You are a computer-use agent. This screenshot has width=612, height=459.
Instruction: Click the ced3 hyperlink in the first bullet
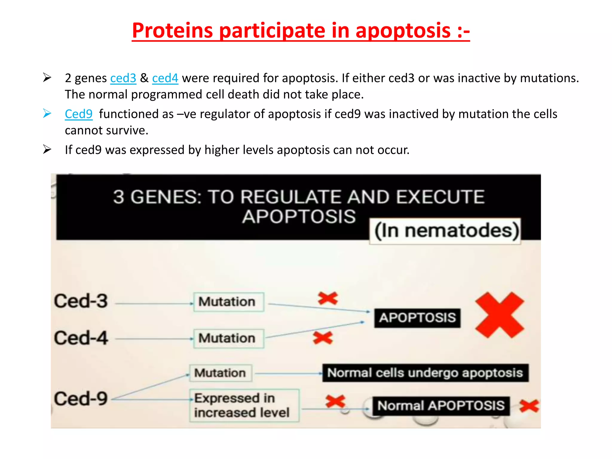pyautogui.click(x=123, y=78)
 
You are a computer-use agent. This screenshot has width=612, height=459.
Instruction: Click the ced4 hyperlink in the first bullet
pyautogui.click(x=165, y=78)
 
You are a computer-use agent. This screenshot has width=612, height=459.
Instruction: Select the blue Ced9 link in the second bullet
pyautogui.click(x=79, y=114)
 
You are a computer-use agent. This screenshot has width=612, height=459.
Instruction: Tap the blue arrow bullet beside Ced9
pyautogui.click(x=47, y=114)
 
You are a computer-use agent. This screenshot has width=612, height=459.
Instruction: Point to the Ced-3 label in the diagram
pyautogui.click(x=81, y=301)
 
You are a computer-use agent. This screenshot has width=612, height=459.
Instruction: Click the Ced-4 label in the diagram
pyautogui.click(x=81, y=338)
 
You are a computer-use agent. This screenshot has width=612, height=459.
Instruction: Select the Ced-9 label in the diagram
pyautogui.click(x=81, y=399)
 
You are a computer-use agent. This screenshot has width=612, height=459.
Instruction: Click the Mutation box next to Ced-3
pyautogui.click(x=228, y=302)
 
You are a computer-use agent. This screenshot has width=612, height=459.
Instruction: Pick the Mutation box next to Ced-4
pyautogui.click(x=228, y=339)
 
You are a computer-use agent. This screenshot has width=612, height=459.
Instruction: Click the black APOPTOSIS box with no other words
pyautogui.click(x=417, y=318)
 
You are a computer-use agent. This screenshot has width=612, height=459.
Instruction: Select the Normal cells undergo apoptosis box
pyautogui.click(x=425, y=373)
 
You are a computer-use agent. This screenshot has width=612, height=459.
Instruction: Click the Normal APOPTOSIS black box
pyautogui.click(x=441, y=406)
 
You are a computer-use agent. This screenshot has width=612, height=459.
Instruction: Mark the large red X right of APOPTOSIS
pyautogui.click(x=500, y=315)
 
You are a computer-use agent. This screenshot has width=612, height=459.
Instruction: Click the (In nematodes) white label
pyautogui.click(x=445, y=231)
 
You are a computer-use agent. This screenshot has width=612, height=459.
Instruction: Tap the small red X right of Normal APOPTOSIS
pyautogui.click(x=529, y=406)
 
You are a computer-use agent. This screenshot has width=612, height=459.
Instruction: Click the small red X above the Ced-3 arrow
pyautogui.click(x=328, y=298)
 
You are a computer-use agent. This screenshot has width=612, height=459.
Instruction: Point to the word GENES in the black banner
pyautogui.click(x=166, y=197)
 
